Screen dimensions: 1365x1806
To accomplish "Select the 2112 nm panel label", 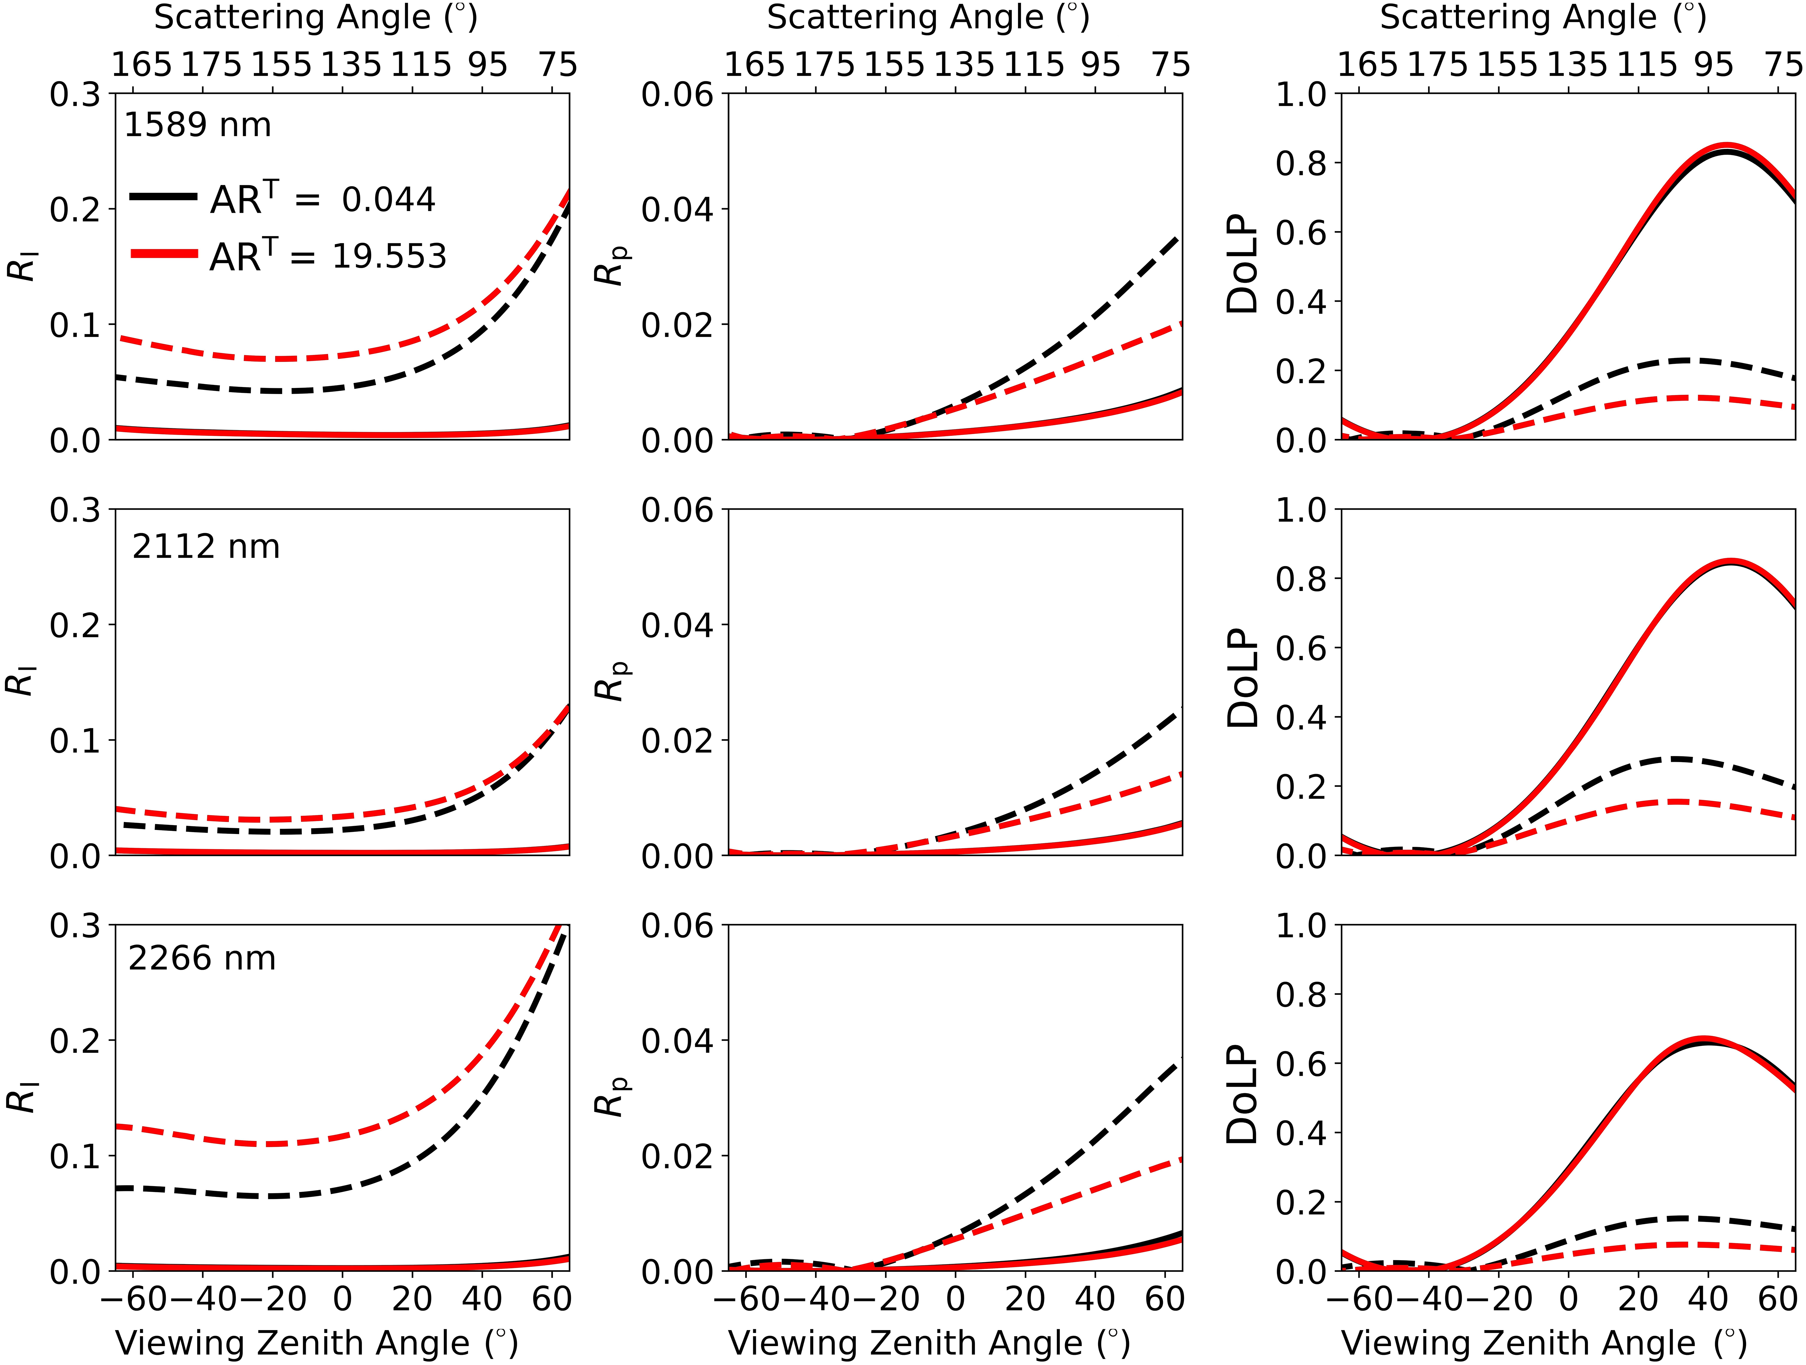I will [x=206, y=546].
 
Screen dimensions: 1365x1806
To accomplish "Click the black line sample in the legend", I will [x=163, y=197].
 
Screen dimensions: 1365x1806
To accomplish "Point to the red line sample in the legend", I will [x=163, y=254].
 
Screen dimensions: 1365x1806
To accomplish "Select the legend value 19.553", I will [x=389, y=256].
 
